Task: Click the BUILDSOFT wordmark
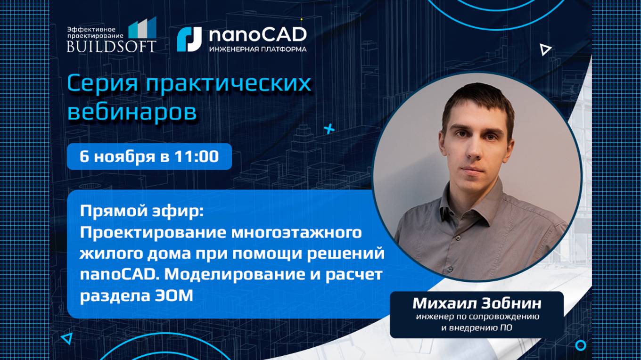(x=112, y=46)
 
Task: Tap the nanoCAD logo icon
(x=189, y=39)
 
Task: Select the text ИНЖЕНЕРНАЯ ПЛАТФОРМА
(x=257, y=49)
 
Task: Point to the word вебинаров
(x=132, y=112)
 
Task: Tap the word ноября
(x=124, y=156)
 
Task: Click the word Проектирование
(x=153, y=233)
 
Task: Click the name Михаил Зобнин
(x=477, y=303)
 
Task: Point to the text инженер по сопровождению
(x=477, y=317)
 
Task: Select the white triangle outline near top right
(x=545, y=49)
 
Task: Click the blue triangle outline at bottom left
(x=67, y=337)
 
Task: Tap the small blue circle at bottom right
(x=581, y=345)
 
